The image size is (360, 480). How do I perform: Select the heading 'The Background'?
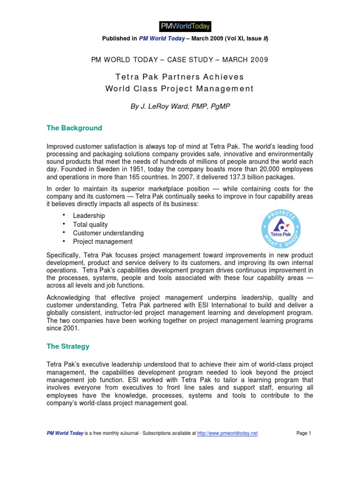pos(74,128)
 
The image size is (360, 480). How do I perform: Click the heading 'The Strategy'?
pos(67,346)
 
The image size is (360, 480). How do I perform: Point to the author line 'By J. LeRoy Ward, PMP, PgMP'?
pos(180,107)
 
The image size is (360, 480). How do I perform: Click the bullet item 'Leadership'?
pos(89,216)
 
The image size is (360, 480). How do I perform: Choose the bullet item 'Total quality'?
pos(90,225)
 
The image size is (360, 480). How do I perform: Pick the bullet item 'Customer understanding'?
pos(108,233)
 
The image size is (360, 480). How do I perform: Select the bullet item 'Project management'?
pos(103,242)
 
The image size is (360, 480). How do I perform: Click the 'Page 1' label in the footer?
pos(304,434)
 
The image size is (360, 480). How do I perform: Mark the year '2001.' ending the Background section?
pos(67,329)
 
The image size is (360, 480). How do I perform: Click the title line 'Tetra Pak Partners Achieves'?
pos(180,76)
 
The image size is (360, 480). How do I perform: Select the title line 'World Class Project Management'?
pos(180,89)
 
